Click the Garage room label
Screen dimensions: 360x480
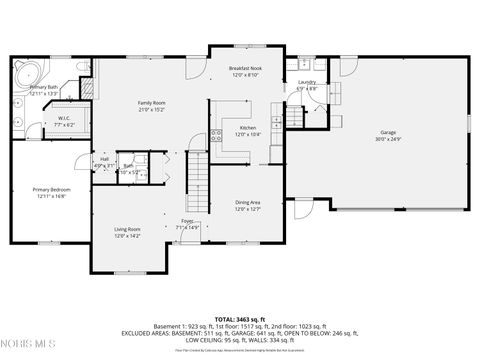coord(386,132)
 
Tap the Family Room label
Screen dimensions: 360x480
coord(151,103)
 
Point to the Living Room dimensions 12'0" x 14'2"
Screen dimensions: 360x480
coord(127,236)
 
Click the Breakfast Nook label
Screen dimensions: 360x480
coord(246,69)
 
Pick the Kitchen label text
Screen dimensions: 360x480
coord(247,128)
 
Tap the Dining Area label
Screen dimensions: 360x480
coord(247,202)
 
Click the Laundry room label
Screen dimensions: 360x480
coord(307,82)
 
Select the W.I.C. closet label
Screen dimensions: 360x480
coord(63,118)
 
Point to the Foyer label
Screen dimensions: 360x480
coord(187,221)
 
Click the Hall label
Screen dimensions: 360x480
coord(104,159)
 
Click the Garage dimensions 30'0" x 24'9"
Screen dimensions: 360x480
coord(386,139)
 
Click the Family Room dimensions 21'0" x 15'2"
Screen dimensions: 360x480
coord(151,110)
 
